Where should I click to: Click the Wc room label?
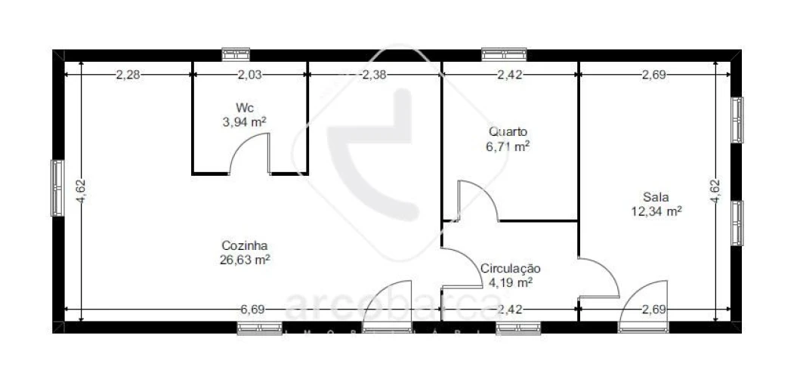pos(243,107)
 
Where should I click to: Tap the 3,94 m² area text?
pos(243,121)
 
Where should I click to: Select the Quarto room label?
pos(508,131)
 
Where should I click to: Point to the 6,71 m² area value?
pos(508,146)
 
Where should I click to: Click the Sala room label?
pos(656,197)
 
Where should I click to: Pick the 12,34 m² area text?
pos(656,211)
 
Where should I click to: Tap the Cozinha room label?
pos(245,245)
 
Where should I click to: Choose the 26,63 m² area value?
pos(245,260)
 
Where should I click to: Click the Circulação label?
pos(511,268)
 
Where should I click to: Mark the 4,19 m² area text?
pos(511,282)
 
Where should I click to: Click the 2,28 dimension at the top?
pos(127,75)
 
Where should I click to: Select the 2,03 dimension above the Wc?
pos(250,75)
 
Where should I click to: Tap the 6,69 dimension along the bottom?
pos(252,310)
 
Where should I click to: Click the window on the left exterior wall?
pos(57,188)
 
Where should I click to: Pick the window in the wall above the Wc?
pos(235,54)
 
